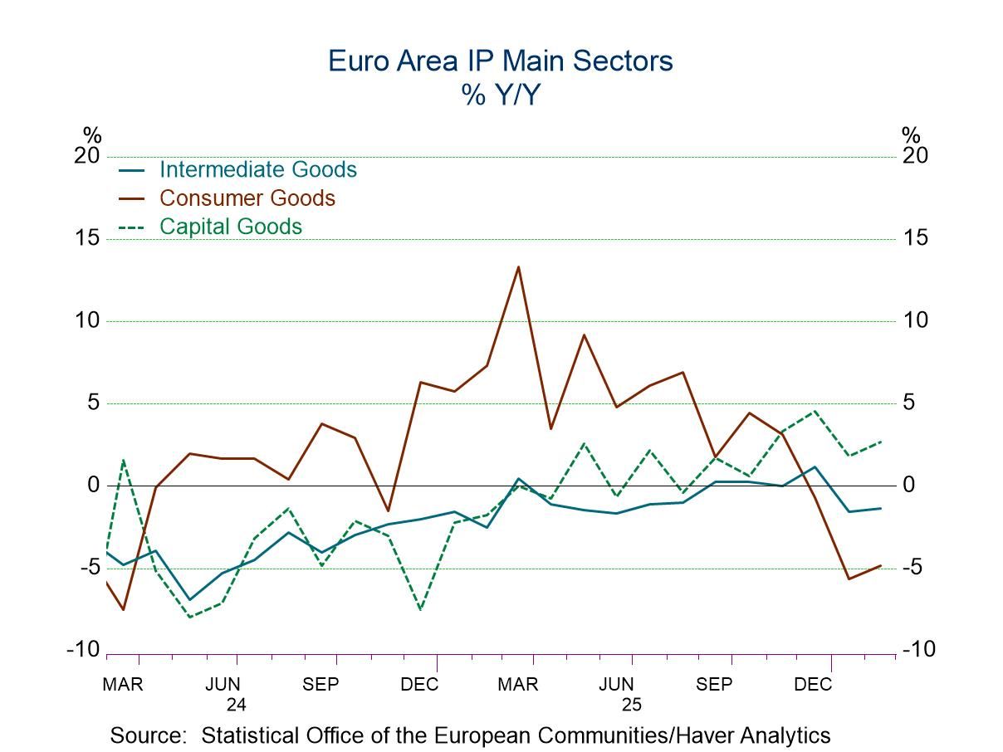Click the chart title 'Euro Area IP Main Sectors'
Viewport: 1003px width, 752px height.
[501, 61]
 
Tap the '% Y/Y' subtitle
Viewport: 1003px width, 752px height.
[501, 95]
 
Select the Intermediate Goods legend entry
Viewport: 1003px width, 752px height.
[257, 169]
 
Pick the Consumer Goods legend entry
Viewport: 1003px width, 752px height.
[247, 198]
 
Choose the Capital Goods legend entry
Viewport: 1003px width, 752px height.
[230, 226]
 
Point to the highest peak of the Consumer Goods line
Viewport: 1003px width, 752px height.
[518, 267]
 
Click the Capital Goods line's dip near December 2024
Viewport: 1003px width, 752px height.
[420, 609]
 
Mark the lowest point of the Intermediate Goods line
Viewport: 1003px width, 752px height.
[189, 599]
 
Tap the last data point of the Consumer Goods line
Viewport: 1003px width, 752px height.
[880, 566]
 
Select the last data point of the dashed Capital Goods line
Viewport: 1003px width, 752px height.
[880, 441]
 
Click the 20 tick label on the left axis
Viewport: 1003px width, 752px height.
[87, 156]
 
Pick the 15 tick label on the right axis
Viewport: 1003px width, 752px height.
[917, 238]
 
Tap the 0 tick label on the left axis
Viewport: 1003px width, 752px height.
[93, 486]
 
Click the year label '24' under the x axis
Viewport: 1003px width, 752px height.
[237, 706]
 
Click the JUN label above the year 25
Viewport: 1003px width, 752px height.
[616, 685]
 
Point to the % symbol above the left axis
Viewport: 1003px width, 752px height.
[91, 135]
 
